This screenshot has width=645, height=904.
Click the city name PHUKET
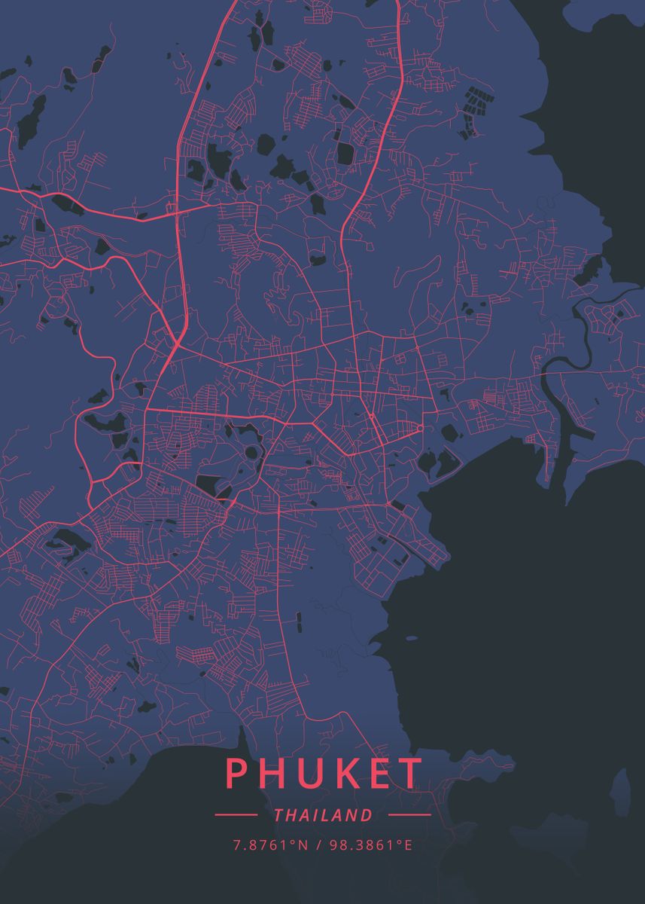click(x=324, y=774)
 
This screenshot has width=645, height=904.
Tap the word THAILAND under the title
click(x=324, y=815)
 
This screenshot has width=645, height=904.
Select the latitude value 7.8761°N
click(x=270, y=845)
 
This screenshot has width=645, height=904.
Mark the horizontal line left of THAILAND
click(x=236, y=815)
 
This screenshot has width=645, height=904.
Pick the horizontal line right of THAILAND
click(x=409, y=815)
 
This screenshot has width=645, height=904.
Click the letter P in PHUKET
click(x=236, y=774)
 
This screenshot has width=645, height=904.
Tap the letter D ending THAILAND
click(x=367, y=815)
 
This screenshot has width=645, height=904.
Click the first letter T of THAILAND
click(x=279, y=815)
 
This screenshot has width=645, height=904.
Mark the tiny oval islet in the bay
click(x=411, y=638)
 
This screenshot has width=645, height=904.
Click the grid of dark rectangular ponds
click(x=474, y=102)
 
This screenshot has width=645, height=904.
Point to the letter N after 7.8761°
click(x=303, y=845)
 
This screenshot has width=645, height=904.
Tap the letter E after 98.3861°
click(x=409, y=845)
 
